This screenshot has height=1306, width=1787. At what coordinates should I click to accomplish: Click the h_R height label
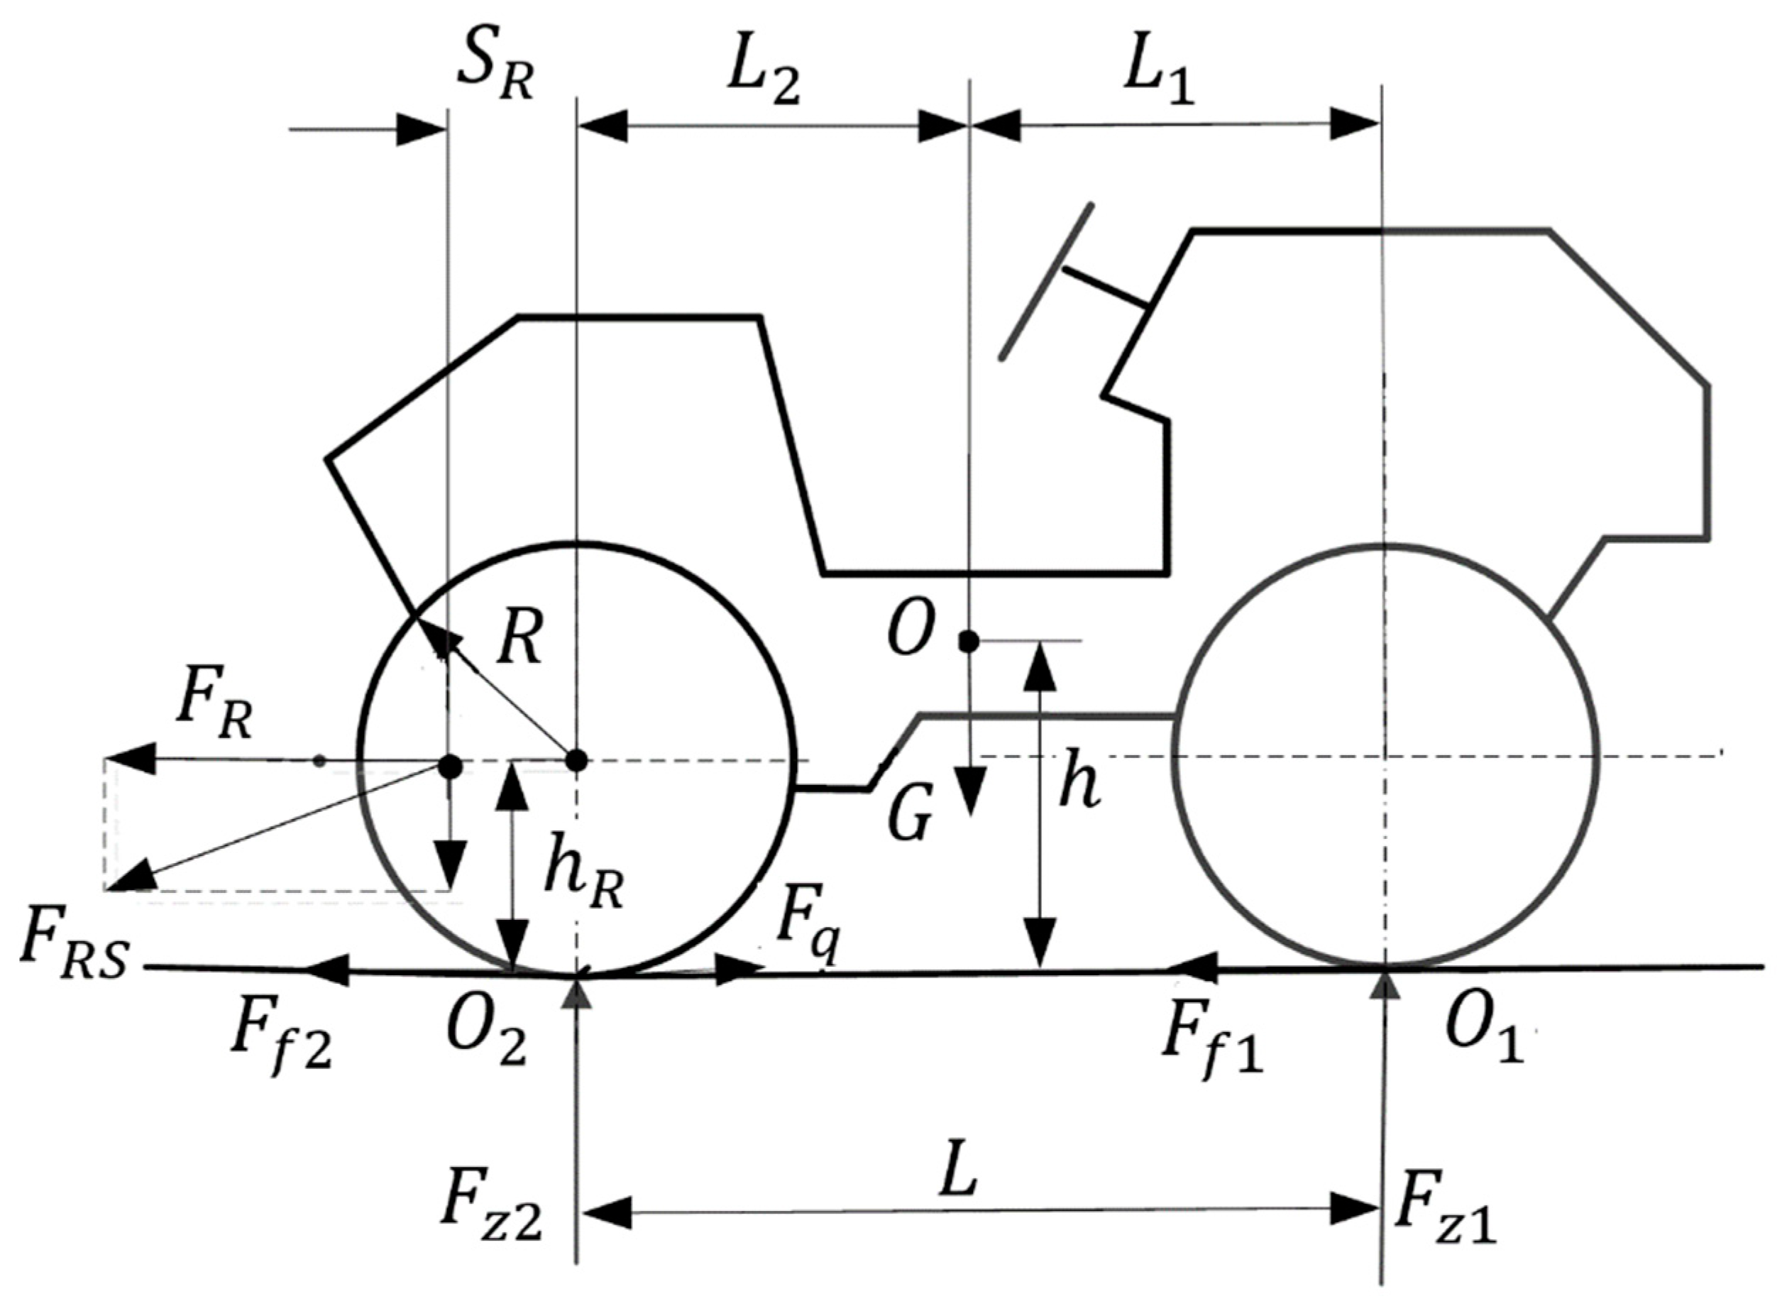584,878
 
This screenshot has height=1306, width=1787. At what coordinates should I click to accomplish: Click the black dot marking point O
968,641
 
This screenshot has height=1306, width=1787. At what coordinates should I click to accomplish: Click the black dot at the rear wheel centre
577,760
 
